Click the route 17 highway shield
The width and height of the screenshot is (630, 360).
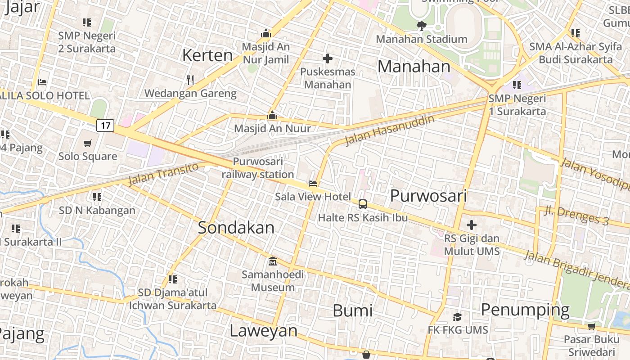point(105,125)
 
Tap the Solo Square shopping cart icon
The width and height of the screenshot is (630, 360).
point(88,143)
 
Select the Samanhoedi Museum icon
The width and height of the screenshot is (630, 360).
point(272,261)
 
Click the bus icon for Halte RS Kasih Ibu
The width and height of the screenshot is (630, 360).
point(363,204)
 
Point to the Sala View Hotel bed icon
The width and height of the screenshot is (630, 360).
point(313,183)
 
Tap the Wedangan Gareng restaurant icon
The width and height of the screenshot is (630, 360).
point(190,80)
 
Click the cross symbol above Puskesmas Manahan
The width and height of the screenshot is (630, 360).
point(328,58)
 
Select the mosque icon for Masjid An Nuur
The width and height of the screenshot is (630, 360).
point(272,115)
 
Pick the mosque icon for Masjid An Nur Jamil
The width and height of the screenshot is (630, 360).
point(266,33)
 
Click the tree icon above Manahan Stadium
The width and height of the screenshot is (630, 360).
point(421,26)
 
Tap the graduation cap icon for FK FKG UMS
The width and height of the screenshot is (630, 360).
point(457,317)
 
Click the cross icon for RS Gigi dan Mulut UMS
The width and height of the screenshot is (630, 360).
point(472,225)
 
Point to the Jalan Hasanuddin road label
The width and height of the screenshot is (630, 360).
point(390,130)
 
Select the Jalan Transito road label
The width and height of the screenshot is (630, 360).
point(163,174)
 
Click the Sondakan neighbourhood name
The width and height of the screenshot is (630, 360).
point(236,228)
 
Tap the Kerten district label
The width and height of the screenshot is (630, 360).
point(207,55)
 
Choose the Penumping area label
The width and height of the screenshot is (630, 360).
point(525,310)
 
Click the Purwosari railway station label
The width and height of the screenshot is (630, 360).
point(258,168)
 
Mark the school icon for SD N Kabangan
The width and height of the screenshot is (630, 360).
point(97,197)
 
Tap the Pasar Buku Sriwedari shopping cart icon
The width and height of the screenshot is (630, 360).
point(591,326)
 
